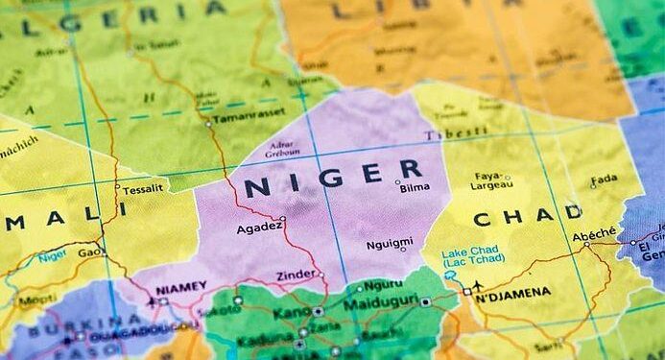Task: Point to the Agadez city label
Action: tap(259, 228)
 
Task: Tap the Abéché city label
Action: tap(595, 236)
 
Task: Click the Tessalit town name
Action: tap(143, 189)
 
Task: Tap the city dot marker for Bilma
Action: tap(397, 181)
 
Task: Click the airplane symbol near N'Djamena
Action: tap(478, 285)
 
